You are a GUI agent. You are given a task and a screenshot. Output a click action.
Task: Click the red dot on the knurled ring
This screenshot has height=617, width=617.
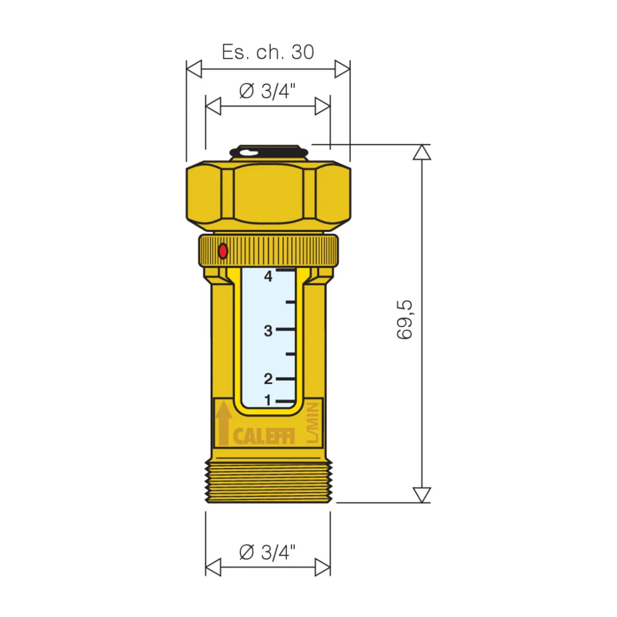click(223, 251)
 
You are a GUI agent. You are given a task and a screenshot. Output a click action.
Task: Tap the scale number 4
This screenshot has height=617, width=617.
click(269, 277)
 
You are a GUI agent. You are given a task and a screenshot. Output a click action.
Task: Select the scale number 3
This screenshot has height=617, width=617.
click(269, 331)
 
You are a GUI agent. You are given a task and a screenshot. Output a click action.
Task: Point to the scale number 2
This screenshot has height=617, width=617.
click(269, 379)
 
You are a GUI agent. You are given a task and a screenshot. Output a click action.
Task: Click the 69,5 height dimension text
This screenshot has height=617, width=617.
click(404, 319)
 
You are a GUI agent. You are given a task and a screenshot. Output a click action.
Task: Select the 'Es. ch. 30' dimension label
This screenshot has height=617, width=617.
click(268, 51)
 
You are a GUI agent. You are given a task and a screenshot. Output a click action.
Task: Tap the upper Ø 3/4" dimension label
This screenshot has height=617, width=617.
click(267, 91)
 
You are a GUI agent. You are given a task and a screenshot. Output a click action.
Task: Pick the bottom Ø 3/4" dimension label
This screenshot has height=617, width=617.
click(267, 552)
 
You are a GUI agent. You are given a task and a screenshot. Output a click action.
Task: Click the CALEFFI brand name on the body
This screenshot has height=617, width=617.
click(263, 436)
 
